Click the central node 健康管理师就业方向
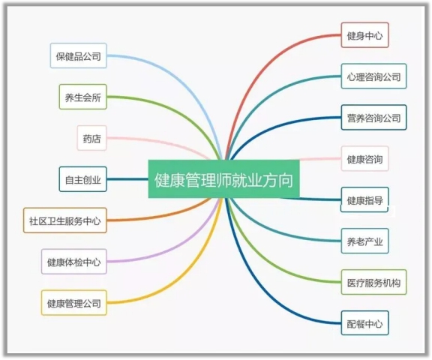point(223,178)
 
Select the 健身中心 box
point(364,35)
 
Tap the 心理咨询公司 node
point(373,76)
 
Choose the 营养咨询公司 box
point(373,118)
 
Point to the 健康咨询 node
point(364,159)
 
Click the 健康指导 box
point(364,199)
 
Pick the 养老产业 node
point(364,241)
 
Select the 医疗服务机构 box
point(373,282)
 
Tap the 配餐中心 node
point(364,323)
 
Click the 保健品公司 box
point(78,55)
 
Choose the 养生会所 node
point(82,97)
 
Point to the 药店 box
point(91,138)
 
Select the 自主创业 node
point(82,179)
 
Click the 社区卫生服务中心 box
point(65,220)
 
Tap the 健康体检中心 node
point(73,262)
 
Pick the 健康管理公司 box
point(73,303)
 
